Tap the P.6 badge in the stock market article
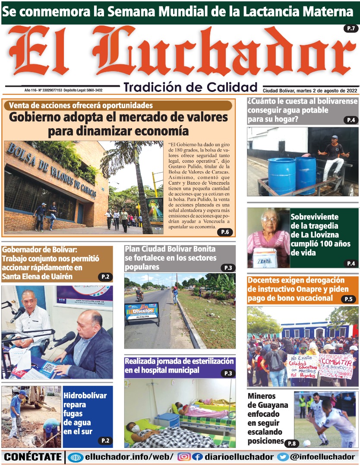tap(225, 232)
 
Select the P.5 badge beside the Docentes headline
tap(348, 299)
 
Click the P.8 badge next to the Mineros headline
tap(292, 443)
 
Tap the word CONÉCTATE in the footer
tap(33, 457)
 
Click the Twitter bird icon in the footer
tap(283, 457)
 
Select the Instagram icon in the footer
tap(184, 457)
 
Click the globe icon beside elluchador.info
tap(76, 457)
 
